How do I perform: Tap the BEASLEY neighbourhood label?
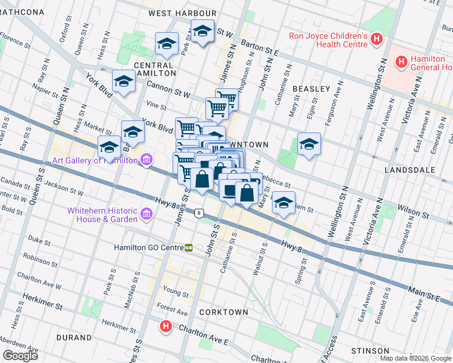coord(311,89)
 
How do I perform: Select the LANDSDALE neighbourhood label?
coord(410,170)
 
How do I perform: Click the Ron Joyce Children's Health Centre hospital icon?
coord(377,40)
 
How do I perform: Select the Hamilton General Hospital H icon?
coord(400,61)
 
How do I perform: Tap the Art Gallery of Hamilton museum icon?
coord(145,160)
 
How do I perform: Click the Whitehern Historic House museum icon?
coord(147,214)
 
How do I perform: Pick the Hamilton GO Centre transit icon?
coord(189,247)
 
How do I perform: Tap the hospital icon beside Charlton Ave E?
coord(165,327)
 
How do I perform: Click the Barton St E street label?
coord(259,48)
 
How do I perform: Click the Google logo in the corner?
coord(21,356)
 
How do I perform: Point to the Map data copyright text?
coord(415,358)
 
